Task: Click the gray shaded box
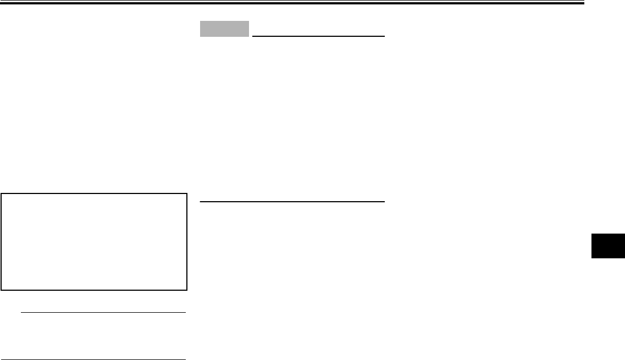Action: [224, 29]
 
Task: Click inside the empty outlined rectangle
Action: [94, 241]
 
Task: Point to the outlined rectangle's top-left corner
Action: [2, 193]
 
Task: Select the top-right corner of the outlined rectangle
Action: [187, 193]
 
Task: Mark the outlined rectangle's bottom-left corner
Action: [2, 289]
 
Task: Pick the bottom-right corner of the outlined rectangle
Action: [187, 289]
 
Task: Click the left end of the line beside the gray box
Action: [252, 36]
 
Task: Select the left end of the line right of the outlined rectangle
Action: [200, 202]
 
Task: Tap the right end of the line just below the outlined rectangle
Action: [185, 313]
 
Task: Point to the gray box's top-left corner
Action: [200, 21]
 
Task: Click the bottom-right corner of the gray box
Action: [249, 37]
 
